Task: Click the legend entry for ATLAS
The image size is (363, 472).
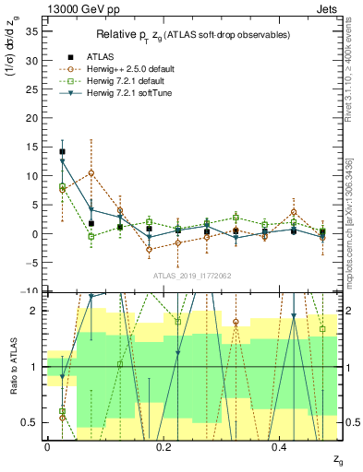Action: [101, 56]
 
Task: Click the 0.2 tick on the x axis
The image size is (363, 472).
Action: [163, 446]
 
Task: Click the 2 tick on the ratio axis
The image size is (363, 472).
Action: [34, 311]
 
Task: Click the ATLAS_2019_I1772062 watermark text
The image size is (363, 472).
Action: [191, 275]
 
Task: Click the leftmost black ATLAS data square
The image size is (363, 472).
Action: [62, 152]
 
